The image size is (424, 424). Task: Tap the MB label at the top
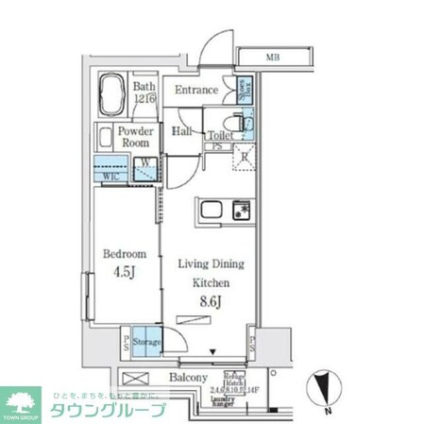(272, 58)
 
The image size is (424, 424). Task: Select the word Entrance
(197, 91)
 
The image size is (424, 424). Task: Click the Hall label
(182, 132)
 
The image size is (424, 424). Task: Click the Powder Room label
(136, 138)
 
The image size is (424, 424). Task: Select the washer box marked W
(145, 170)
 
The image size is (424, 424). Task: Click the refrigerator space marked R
(244, 157)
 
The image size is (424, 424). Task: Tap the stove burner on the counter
(239, 208)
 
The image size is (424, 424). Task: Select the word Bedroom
(125, 254)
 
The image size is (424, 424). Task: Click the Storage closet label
(146, 342)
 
